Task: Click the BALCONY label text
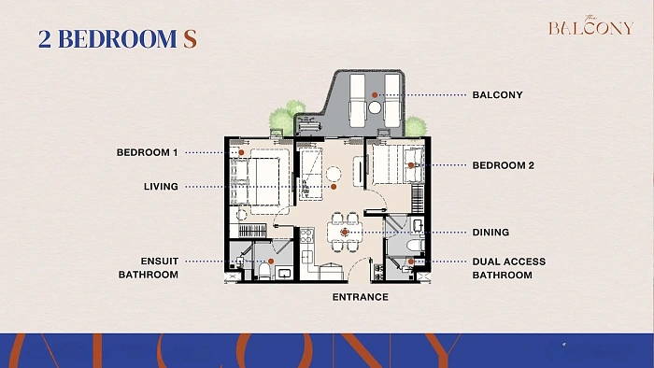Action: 497,95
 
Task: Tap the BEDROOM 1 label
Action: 148,152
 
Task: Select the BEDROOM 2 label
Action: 503,165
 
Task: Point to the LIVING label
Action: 161,187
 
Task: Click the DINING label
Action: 490,233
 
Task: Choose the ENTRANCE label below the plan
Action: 361,297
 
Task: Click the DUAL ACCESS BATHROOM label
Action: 509,268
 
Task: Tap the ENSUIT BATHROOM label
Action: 149,268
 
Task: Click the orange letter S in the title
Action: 190,38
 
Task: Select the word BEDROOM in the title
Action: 117,38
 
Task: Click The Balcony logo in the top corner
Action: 590,26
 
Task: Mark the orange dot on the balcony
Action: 375,95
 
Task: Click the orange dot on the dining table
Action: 345,233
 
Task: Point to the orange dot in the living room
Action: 334,187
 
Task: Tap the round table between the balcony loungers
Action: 375,108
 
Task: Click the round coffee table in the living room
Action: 334,174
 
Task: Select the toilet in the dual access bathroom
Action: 416,245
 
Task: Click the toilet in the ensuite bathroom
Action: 264,270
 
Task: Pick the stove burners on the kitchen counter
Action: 306,236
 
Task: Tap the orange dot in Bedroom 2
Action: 411,165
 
